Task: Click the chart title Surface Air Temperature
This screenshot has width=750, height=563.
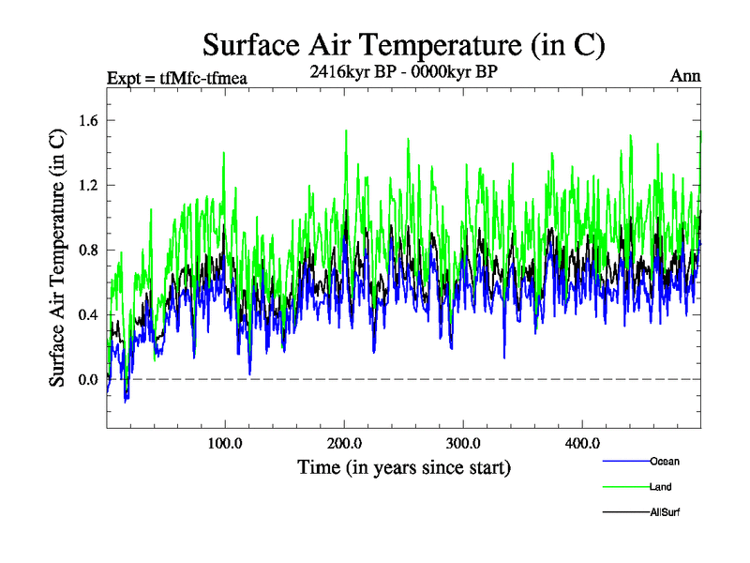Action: pyautogui.click(x=403, y=45)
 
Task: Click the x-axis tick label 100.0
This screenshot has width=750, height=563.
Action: pyautogui.click(x=225, y=443)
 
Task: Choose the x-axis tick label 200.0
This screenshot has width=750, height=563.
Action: pyautogui.click(x=344, y=443)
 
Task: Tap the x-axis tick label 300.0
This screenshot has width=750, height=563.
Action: pyautogui.click(x=463, y=443)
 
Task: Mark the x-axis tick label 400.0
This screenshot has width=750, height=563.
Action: pyautogui.click(x=582, y=443)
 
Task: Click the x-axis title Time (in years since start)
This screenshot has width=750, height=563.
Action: pyautogui.click(x=403, y=466)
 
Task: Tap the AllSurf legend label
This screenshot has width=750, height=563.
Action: pyautogui.click(x=665, y=512)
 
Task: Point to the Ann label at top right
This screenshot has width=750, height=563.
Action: pyautogui.click(x=685, y=76)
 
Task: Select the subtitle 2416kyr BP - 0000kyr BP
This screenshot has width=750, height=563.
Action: pyautogui.click(x=403, y=70)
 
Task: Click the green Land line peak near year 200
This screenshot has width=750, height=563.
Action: pyautogui.click(x=347, y=131)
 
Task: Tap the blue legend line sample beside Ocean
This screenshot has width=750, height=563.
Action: pyautogui.click(x=624, y=461)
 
